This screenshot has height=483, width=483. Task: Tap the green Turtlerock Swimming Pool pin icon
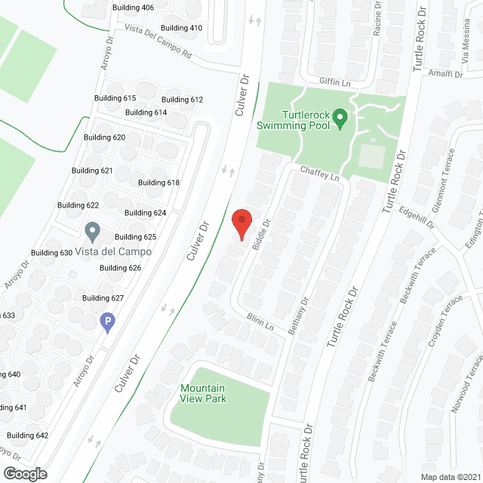click(340, 118)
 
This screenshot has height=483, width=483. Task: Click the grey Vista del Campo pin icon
click(92, 229)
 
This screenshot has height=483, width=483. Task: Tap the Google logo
click(24, 474)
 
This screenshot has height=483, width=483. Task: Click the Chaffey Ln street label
click(320, 173)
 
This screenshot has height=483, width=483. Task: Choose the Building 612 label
click(182, 100)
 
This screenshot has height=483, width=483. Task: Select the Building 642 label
click(27, 435)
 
